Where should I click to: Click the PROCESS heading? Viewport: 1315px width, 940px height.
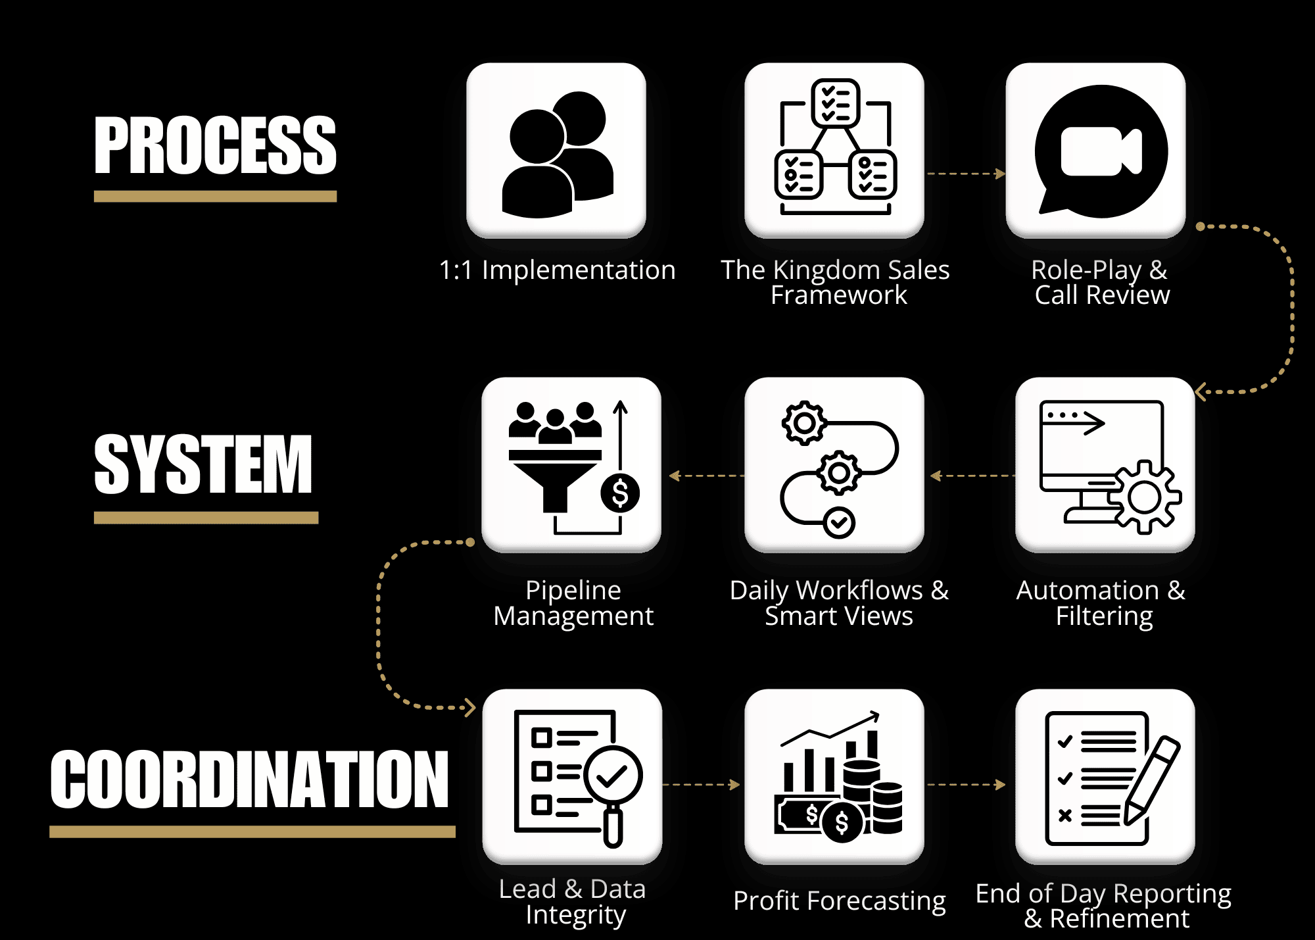click(215, 145)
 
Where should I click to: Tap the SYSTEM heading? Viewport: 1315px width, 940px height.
click(203, 464)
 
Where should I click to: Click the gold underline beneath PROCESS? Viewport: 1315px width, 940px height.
click(215, 196)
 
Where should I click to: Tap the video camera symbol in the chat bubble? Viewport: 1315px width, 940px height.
click(1101, 152)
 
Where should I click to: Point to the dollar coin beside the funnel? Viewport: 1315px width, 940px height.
click(620, 493)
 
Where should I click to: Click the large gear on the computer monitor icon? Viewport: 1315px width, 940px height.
click(1145, 498)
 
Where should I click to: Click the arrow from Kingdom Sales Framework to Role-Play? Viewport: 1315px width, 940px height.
click(965, 174)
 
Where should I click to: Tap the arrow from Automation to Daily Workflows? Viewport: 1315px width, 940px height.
click(972, 476)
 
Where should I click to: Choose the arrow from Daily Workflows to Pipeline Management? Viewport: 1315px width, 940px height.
click(706, 476)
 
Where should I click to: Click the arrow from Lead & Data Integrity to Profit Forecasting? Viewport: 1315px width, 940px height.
click(702, 784)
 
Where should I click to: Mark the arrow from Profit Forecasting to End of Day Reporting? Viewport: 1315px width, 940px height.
click(966, 784)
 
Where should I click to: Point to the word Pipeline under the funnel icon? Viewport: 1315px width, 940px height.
click(573, 591)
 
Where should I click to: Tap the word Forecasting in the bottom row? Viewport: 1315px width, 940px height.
click(876, 901)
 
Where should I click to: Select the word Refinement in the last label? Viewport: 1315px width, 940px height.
click(1119, 918)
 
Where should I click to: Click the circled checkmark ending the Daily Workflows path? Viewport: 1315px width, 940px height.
click(839, 523)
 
